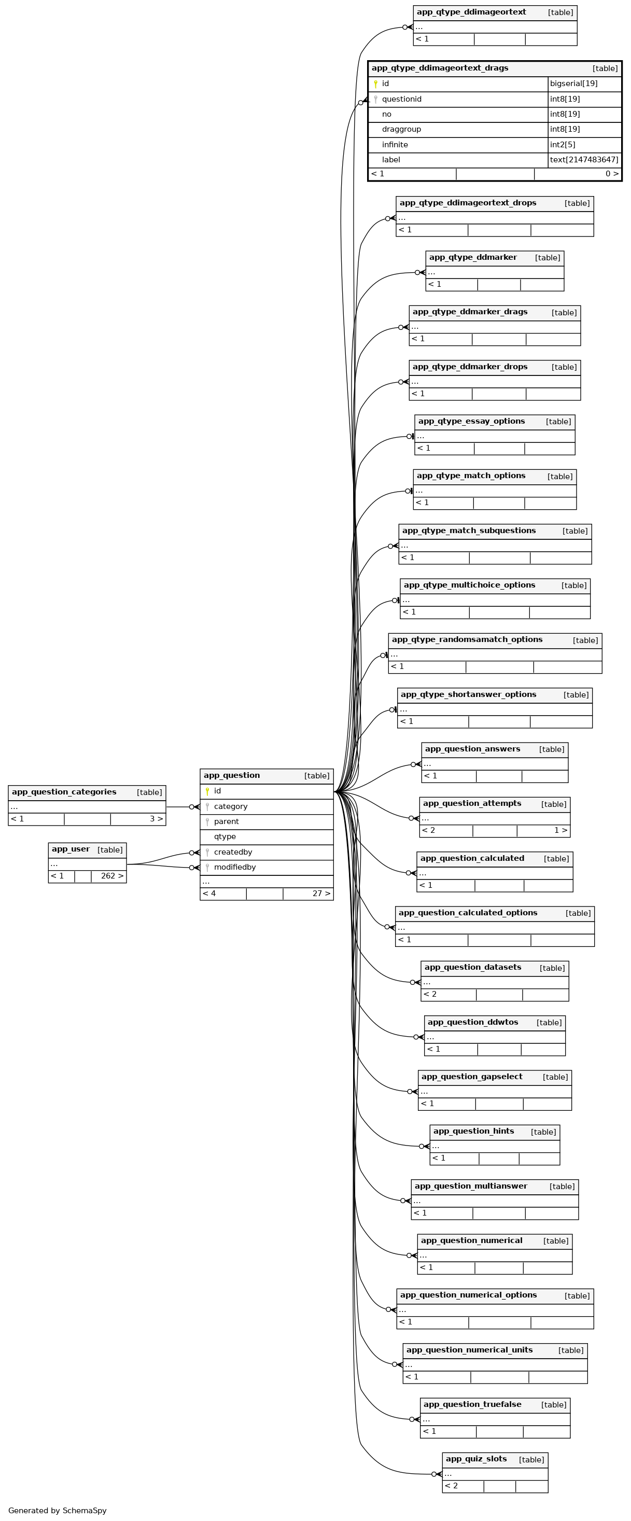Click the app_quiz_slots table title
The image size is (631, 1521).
(476, 1459)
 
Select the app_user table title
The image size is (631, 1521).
(71, 849)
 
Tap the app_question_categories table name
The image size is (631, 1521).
(64, 792)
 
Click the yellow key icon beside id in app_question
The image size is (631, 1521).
(207, 791)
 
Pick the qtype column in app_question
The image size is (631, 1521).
(225, 836)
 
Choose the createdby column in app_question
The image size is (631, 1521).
(233, 852)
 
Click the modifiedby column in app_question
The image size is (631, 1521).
(234, 868)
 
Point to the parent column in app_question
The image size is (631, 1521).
(226, 821)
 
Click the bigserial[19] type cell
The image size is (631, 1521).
(574, 84)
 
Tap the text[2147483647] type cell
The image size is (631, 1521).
(584, 160)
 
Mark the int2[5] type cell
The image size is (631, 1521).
(563, 145)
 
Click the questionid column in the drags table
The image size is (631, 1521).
(401, 99)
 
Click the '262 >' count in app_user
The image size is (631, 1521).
(112, 876)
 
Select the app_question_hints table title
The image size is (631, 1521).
(473, 1132)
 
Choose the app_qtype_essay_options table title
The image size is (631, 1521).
(471, 422)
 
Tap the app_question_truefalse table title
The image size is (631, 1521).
(472, 1404)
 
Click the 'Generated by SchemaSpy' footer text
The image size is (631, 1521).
(57, 1511)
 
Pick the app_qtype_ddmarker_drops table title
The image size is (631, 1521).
(470, 367)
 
